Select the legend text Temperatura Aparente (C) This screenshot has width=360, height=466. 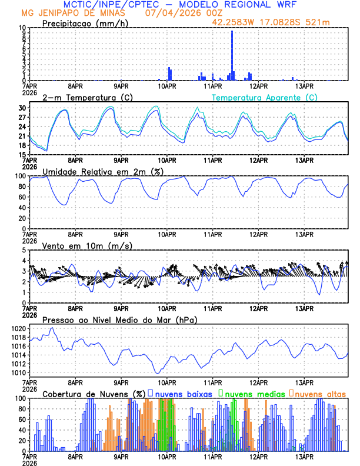pos(264,97)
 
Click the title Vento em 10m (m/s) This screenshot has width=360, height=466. pos(87,245)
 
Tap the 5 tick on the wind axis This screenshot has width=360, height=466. pos(24,250)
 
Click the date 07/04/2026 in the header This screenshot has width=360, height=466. pos(167,12)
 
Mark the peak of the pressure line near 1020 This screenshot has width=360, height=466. pos(53,328)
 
